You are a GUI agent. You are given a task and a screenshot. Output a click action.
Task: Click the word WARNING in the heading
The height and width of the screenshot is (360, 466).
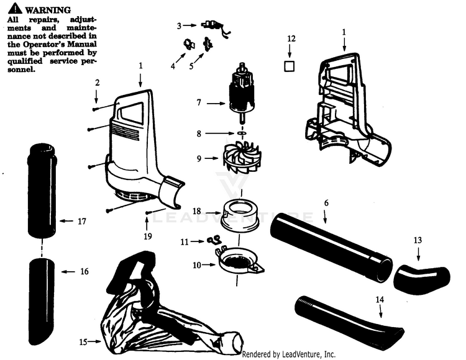(47, 11)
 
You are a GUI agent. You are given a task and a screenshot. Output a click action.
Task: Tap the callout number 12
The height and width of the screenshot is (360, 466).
(291, 39)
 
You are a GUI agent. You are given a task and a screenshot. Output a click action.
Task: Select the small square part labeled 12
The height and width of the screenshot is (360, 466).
(290, 66)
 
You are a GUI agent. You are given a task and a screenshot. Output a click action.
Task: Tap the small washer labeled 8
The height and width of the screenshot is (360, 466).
(240, 133)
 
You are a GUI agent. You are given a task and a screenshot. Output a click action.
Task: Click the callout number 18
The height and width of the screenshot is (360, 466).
(196, 212)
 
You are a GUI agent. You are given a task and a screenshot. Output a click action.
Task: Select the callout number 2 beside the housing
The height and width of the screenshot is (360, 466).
(97, 83)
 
